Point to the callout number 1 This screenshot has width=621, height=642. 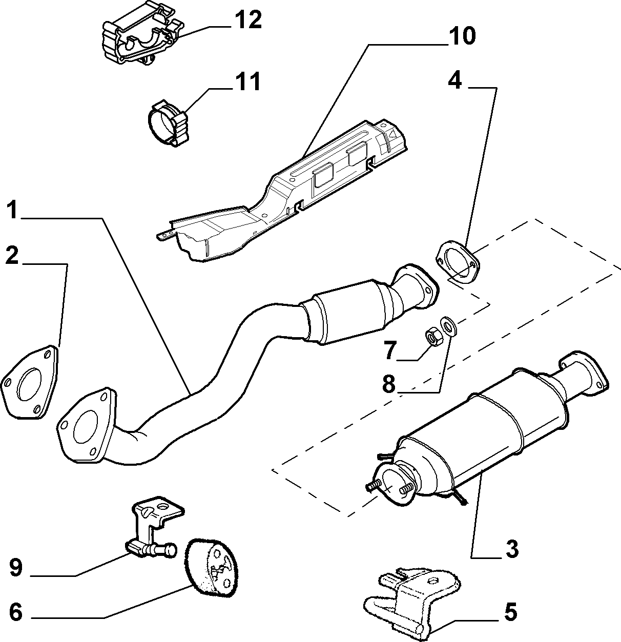[13, 210]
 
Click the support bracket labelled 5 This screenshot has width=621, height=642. [412, 604]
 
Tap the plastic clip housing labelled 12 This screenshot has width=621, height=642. [142, 39]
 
